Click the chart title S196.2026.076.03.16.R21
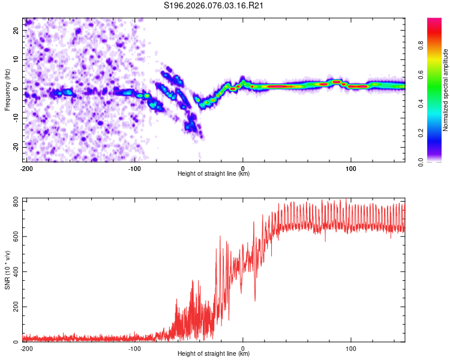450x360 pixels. (x=214, y=6)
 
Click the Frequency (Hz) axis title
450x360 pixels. (x=7, y=89)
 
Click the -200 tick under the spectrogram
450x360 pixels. (x=26, y=168)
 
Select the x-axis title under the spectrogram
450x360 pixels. (x=214, y=174)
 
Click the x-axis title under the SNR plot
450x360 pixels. (x=214, y=354)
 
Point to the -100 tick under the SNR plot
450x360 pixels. (x=134, y=348)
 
